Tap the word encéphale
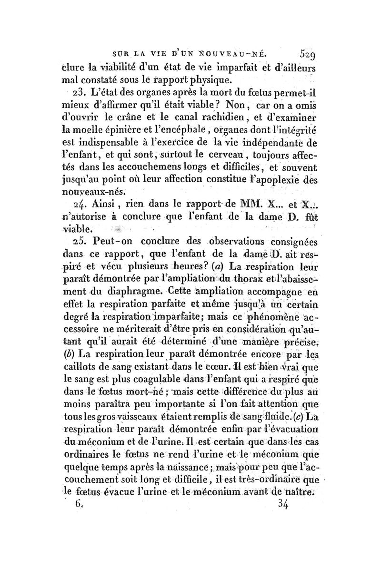tap(175, 128)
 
